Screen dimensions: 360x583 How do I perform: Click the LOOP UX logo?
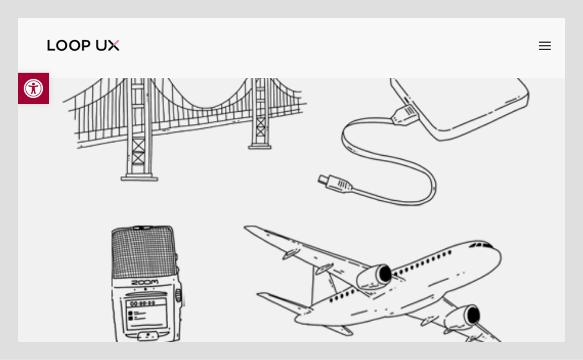[x=83, y=45]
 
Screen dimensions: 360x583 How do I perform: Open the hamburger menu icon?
[x=545, y=46]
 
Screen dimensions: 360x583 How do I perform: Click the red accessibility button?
[x=33, y=88]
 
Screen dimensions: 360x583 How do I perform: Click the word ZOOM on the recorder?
[x=145, y=282]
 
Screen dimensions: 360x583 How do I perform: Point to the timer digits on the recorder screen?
[x=143, y=303]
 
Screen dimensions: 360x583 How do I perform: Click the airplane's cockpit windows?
[x=482, y=245]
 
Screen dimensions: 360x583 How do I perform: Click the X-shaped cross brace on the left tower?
[x=138, y=151]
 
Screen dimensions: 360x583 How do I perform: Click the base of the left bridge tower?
[x=139, y=178]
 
